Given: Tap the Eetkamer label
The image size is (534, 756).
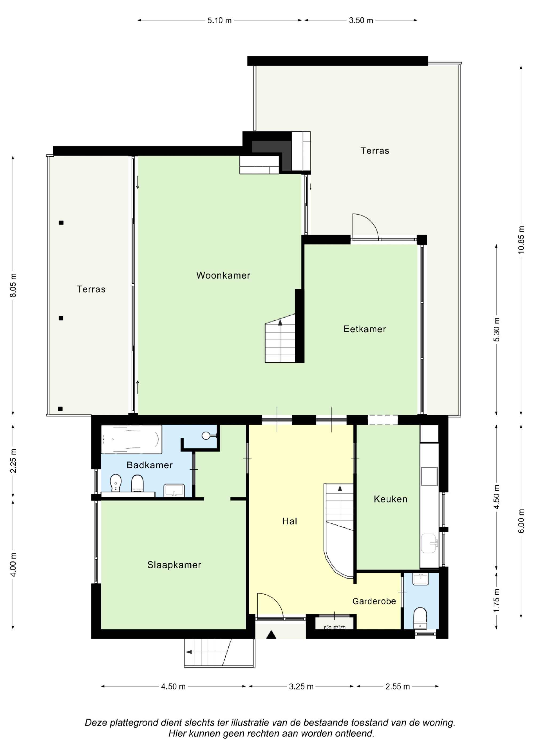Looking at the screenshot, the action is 364,329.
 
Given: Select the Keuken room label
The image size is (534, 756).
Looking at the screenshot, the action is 391,499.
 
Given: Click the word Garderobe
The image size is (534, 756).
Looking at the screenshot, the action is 374,601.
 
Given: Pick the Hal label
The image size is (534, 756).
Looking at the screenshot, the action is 289,521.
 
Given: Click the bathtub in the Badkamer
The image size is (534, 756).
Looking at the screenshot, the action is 131,440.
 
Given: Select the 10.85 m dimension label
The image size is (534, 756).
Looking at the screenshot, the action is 521,240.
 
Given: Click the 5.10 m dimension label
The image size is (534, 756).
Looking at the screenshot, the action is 219,20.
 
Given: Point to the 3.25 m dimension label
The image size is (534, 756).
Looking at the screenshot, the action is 301,687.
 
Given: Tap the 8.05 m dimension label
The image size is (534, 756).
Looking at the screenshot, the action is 13,285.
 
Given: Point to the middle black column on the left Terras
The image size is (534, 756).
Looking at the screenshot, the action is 61,318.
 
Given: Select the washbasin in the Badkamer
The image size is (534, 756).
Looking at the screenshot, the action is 174,490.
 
